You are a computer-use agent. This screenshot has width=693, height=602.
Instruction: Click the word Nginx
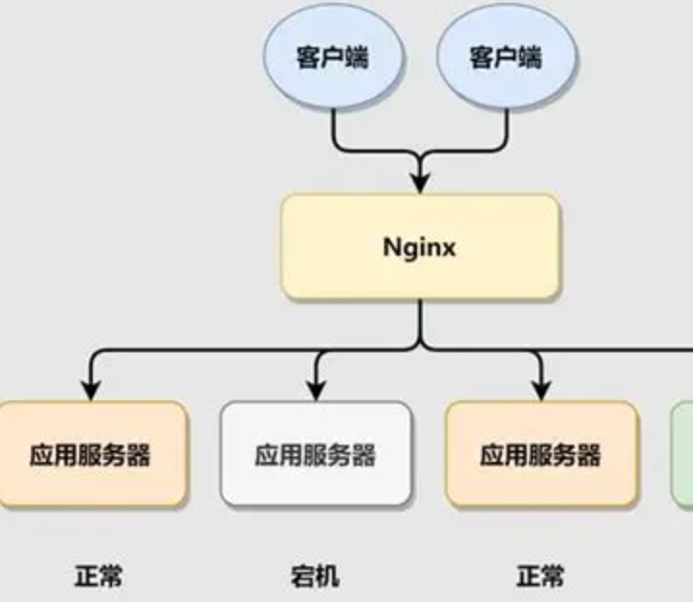(x=420, y=247)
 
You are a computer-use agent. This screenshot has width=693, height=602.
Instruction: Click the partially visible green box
(x=682, y=454)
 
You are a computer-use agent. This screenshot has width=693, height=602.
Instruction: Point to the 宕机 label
(x=315, y=577)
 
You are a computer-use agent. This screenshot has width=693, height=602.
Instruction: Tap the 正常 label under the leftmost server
(x=98, y=577)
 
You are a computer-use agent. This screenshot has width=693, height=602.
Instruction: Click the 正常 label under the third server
(x=540, y=577)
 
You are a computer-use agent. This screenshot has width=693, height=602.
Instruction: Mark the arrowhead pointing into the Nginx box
(x=420, y=182)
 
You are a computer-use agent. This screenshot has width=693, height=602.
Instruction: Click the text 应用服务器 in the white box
(x=316, y=454)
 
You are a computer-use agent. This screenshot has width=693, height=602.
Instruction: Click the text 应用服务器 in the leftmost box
(x=90, y=454)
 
